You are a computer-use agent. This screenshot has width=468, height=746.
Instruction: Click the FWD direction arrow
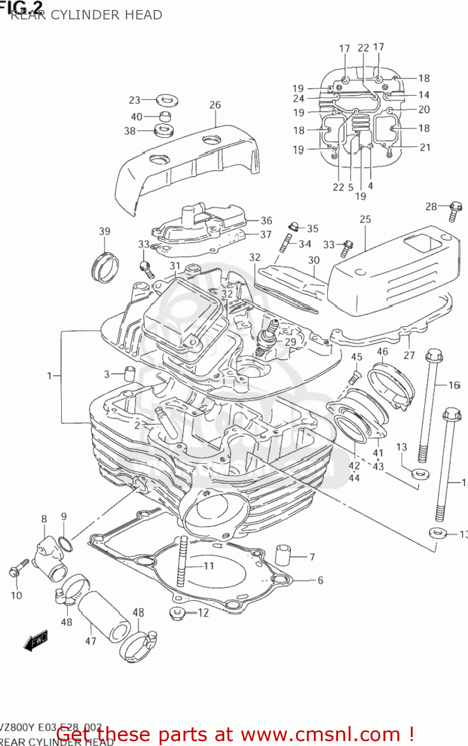coord(36,641)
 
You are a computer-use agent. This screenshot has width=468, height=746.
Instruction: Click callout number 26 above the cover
coord(215,105)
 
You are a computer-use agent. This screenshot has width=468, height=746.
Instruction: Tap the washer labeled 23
coord(168,100)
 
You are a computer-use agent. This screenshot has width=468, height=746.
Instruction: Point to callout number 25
coord(366,219)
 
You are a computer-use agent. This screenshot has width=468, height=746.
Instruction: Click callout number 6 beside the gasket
coord(320,580)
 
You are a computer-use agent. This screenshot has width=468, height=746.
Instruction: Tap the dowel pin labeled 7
coord(282,555)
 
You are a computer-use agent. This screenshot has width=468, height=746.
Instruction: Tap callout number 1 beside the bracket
coord(49,376)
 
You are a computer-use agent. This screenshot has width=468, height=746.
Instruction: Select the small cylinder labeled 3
coord(129,373)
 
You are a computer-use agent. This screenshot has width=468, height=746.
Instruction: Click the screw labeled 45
coord(354,377)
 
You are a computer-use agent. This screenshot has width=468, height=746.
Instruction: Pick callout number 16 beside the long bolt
coord(454,385)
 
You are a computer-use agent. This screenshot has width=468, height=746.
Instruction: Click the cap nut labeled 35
coord(293,227)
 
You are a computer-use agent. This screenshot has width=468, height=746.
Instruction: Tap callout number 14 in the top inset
coord(424,94)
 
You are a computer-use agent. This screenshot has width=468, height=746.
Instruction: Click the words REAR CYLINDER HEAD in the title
coord(87,15)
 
